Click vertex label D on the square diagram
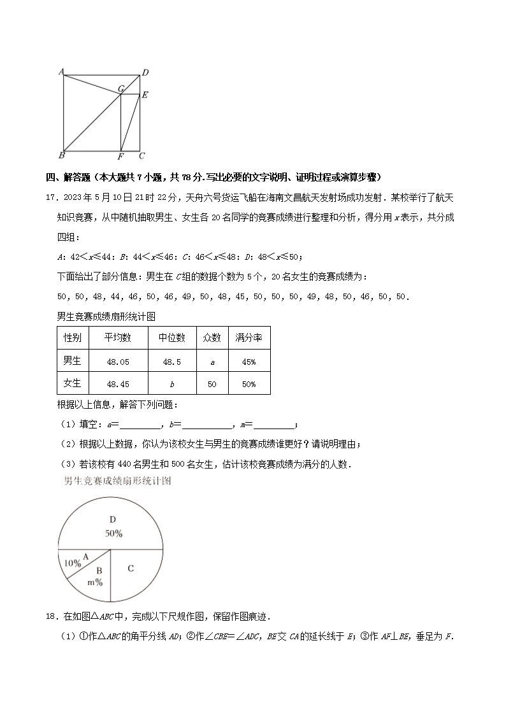pos(145,72)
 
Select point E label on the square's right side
pos(145,96)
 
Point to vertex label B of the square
pos(61,155)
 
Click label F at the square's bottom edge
pos(120,157)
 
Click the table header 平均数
pos(119,337)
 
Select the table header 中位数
pos(171,337)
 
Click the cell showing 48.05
pos(119,362)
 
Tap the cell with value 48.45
pos(119,384)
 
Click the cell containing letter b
pos(172,384)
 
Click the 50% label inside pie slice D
pos(114,534)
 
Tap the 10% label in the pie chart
pos(73,563)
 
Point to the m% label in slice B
pos(95,582)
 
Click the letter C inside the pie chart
pos(131,568)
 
